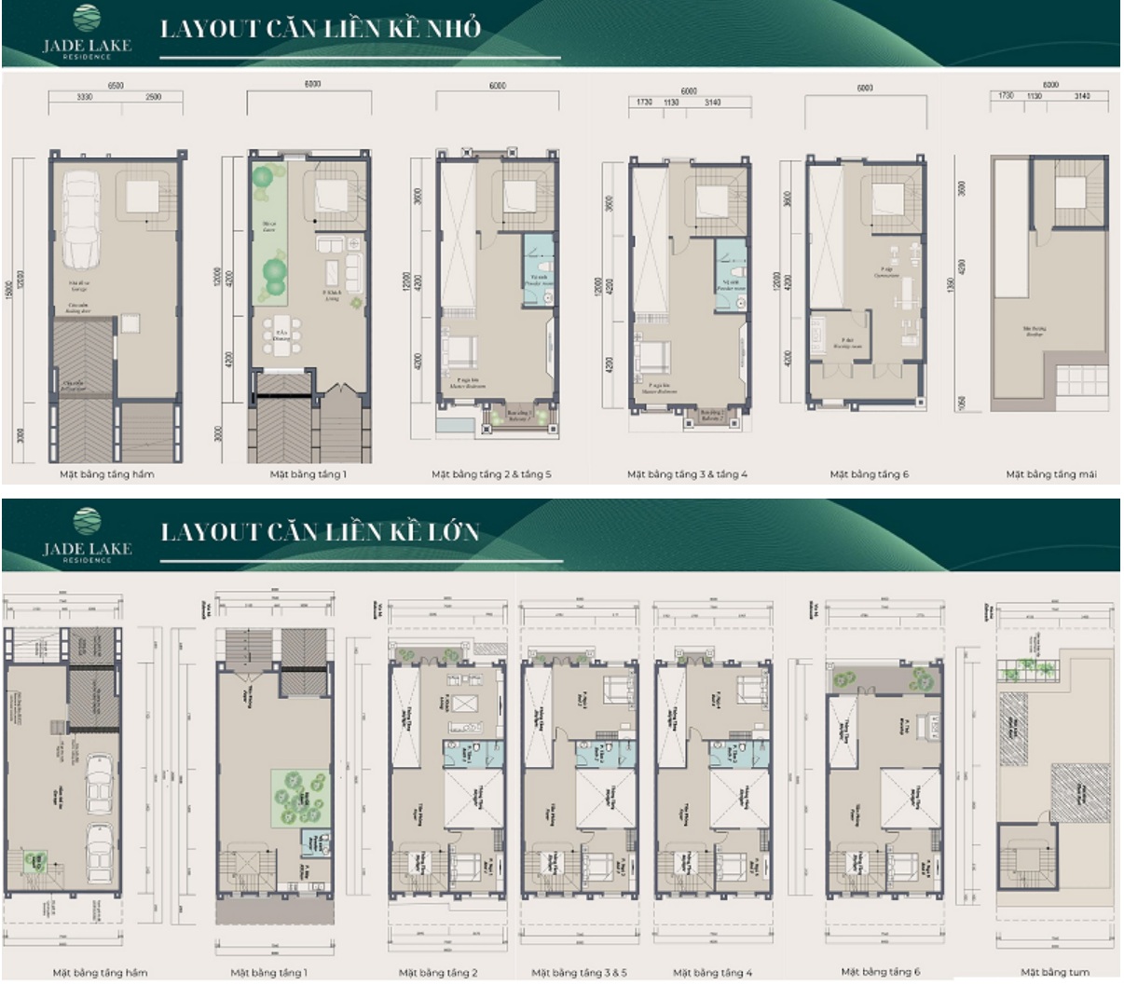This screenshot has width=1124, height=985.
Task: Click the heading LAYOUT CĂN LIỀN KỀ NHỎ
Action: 321,29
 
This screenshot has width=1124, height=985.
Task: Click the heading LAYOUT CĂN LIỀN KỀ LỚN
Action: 320,532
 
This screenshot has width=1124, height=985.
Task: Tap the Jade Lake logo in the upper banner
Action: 87,34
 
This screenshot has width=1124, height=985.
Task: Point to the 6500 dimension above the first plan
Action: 115,85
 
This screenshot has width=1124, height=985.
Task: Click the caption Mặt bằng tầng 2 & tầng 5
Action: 491,474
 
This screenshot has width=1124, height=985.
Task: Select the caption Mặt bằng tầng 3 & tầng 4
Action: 687,474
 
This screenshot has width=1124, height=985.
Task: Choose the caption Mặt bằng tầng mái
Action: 1050,474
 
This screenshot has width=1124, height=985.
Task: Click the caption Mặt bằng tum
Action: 1054,972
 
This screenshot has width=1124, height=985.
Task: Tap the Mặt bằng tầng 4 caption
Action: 713,973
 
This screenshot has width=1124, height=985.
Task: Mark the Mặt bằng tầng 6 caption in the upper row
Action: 869,474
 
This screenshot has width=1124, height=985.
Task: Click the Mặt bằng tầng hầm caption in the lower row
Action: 100,973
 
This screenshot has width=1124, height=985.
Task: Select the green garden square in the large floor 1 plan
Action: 301,797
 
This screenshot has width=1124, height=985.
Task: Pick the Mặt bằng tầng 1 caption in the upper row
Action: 308,474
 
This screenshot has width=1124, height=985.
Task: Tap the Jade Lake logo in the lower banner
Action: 87,536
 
